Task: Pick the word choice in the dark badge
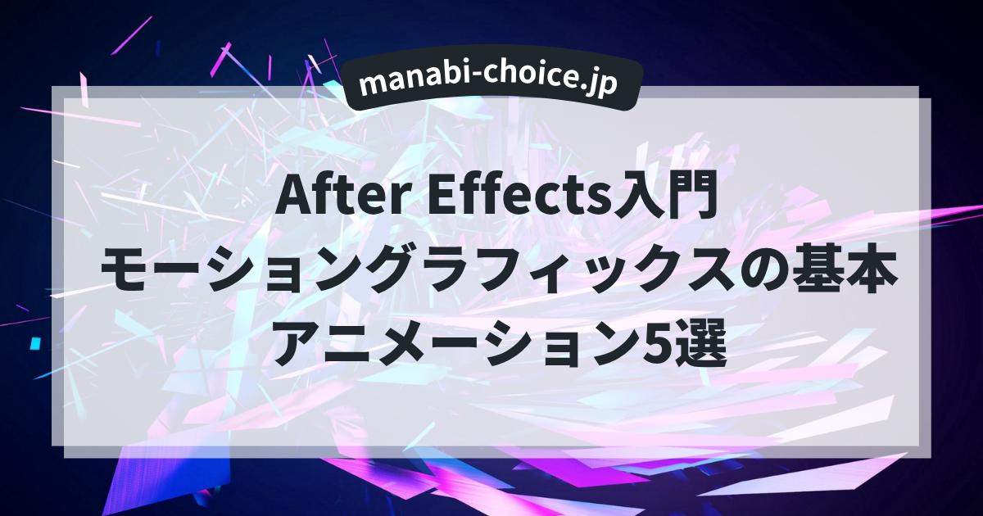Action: [x=525, y=82]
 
